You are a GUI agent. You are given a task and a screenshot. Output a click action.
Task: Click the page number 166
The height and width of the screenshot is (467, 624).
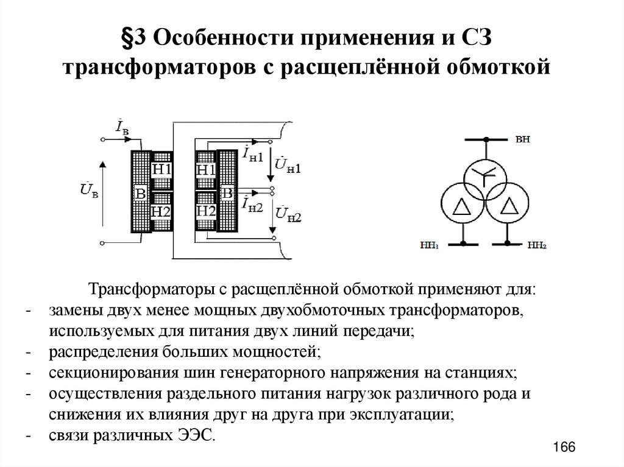(564, 447)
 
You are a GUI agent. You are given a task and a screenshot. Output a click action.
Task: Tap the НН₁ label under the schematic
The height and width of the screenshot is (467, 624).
(429, 246)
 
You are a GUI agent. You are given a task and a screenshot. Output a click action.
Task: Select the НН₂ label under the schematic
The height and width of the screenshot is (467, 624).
(536, 246)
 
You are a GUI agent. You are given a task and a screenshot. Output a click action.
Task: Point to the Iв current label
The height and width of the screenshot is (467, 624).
(121, 127)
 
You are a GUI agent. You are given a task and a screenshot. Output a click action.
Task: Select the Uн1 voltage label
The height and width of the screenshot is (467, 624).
(288, 165)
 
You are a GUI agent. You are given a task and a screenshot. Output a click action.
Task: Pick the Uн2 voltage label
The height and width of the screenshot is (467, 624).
(288, 214)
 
